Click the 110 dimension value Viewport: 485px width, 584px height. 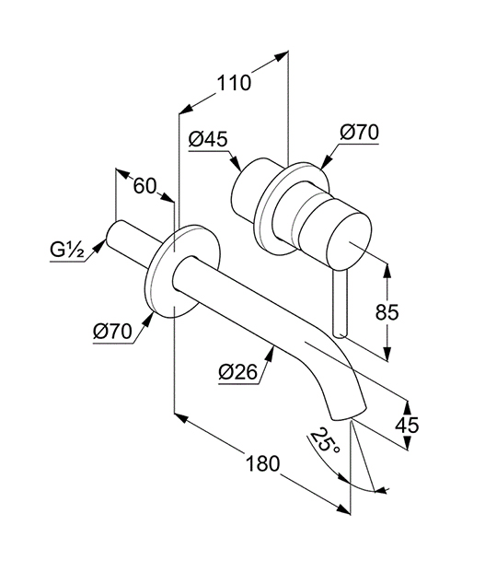[x=234, y=83]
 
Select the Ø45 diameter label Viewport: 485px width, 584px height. [x=208, y=140]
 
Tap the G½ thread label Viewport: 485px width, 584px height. [x=66, y=250]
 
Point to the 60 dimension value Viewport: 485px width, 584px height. [x=144, y=186]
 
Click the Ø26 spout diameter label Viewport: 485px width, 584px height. [x=238, y=372]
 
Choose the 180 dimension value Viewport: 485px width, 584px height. [x=262, y=463]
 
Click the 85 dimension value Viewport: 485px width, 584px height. [x=387, y=312]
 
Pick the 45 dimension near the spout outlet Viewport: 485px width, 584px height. [x=407, y=425]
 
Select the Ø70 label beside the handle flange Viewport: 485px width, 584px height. [x=359, y=133]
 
